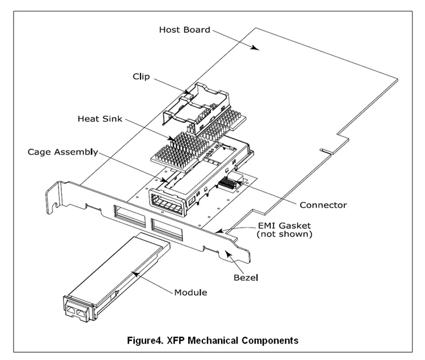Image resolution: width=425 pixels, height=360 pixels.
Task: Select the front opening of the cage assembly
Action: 167,202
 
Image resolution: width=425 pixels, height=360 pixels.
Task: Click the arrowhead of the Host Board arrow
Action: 258,50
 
